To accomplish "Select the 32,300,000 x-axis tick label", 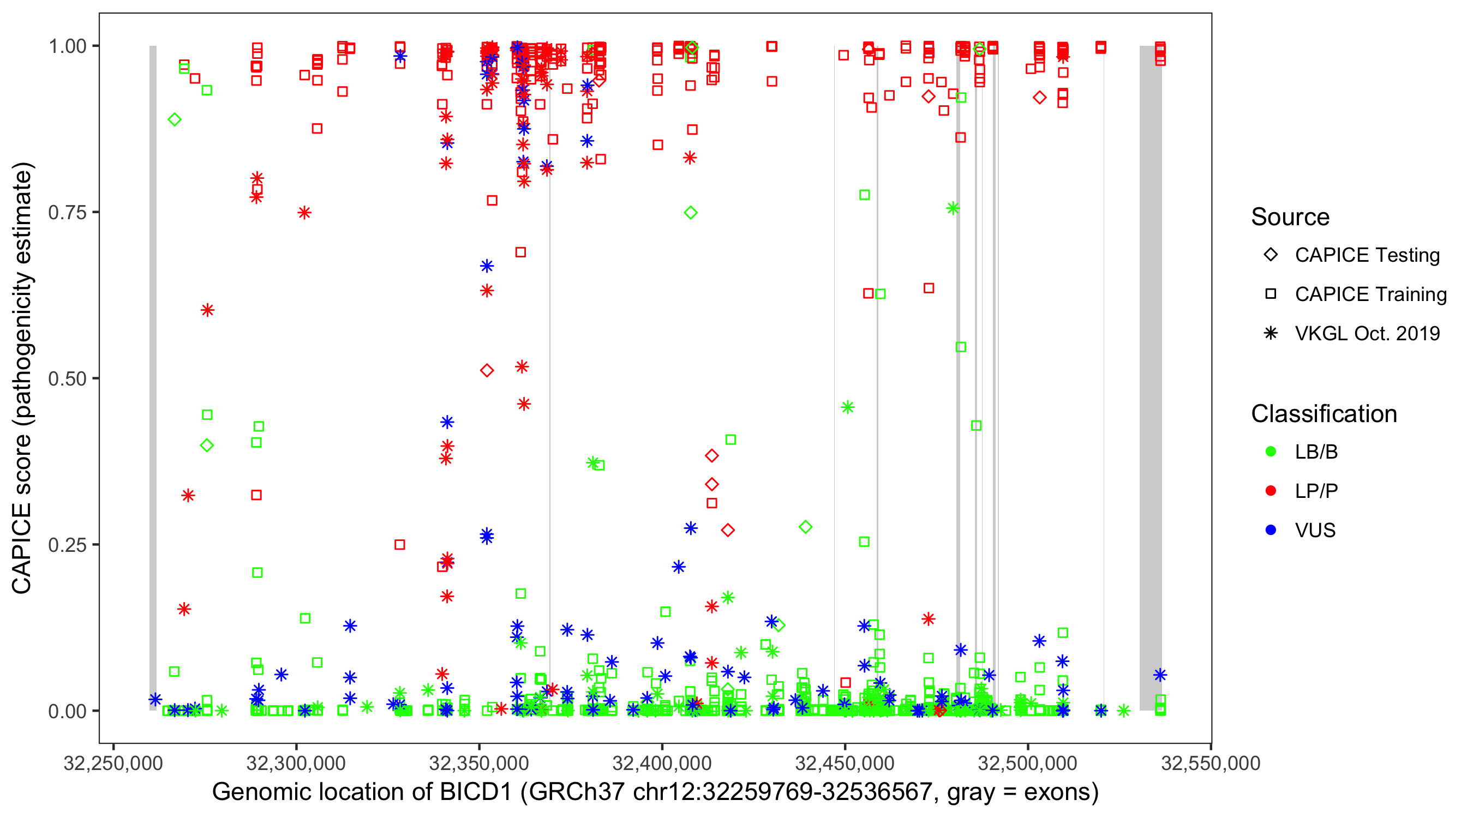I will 296,763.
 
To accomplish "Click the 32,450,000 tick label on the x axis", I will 845,763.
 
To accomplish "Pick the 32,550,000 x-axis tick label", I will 1211,763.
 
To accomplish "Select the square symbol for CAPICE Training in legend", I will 1271,294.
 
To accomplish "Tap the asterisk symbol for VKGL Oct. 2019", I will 1271,333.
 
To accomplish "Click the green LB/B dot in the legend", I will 1271,452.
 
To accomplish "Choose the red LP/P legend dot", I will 1271,491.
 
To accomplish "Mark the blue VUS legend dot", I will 1271,530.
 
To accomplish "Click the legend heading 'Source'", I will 1290,217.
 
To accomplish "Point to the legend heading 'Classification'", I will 1324,414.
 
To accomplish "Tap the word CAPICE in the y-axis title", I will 22,548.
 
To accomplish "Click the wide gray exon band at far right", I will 1150,377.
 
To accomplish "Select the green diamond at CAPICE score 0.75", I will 691,213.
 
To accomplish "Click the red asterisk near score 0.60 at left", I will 207,310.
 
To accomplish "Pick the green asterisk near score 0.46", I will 847,407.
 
